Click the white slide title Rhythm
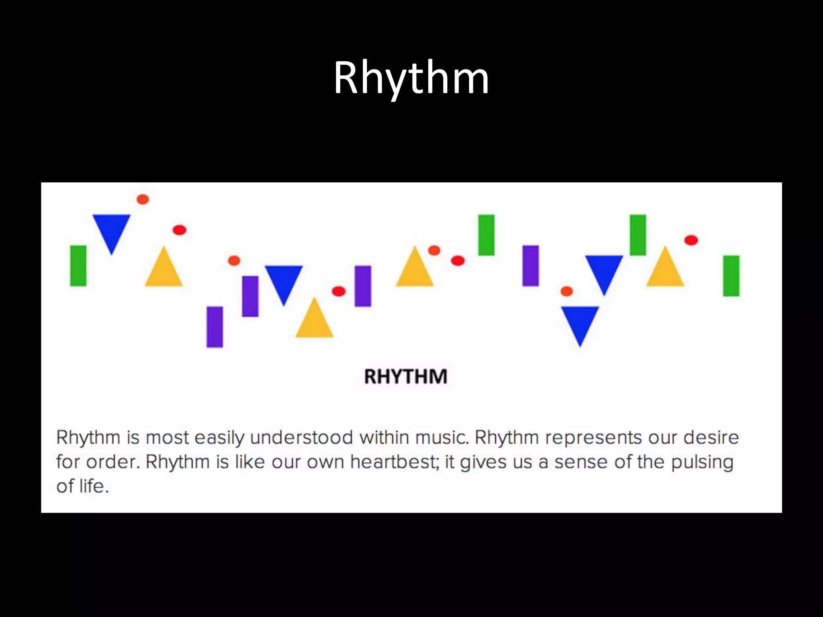pos(411,78)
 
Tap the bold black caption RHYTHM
pos(405,377)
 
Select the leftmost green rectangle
pos(78,266)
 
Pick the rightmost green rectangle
pos(731,276)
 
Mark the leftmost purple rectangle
pos(215,327)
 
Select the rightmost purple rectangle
pos(530,266)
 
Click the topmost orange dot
pos(143,199)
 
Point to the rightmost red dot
pos(691,240)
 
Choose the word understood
pos(301,437)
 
